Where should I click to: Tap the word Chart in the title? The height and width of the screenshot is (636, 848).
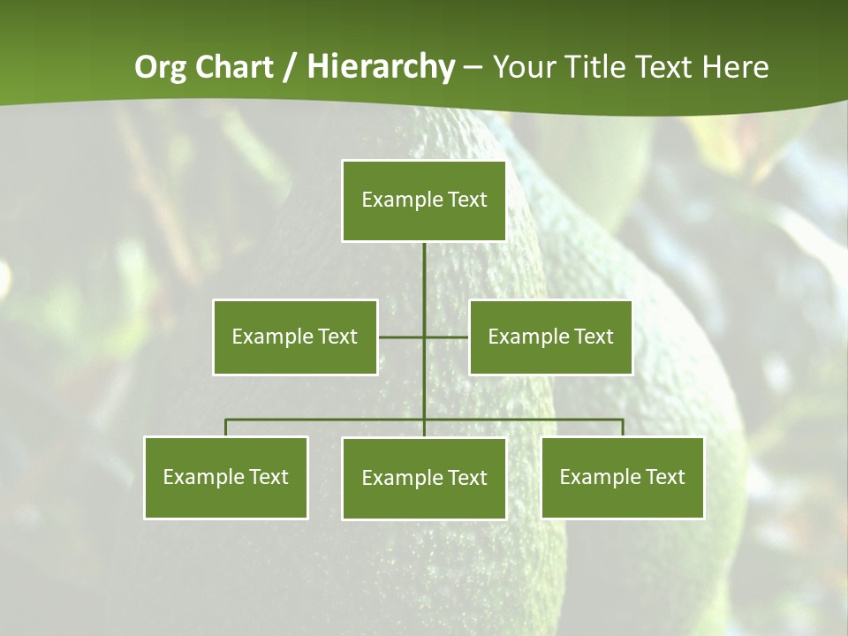pyautogui.click(x=231, y=67)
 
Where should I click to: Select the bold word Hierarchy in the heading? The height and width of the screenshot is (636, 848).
pyautogui.click(x=381, y=67)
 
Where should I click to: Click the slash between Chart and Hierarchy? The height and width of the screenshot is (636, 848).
pyautogui.click(x=289, y=68)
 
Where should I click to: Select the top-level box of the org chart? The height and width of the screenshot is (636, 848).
pyautogui.click(x=424, y=201)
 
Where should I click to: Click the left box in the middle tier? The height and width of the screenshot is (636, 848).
pyautogui.click(x=295, y=337)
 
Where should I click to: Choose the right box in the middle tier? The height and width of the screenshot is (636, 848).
pyautogui.click(x=550, y=337)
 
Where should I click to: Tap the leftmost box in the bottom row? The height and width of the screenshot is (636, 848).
pyautogui.click(x=226, y=477)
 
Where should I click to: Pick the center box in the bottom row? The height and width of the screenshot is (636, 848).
pyautogui.click(x=424, y=478)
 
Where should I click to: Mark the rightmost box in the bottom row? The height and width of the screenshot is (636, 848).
pyautogui.click(x=622, y=477)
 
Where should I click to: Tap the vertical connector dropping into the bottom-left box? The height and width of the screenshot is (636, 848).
pyautogui.click(x=226, y=428)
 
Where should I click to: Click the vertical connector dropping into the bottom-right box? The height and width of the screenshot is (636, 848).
pyautogui.click(x=622, y=428)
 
